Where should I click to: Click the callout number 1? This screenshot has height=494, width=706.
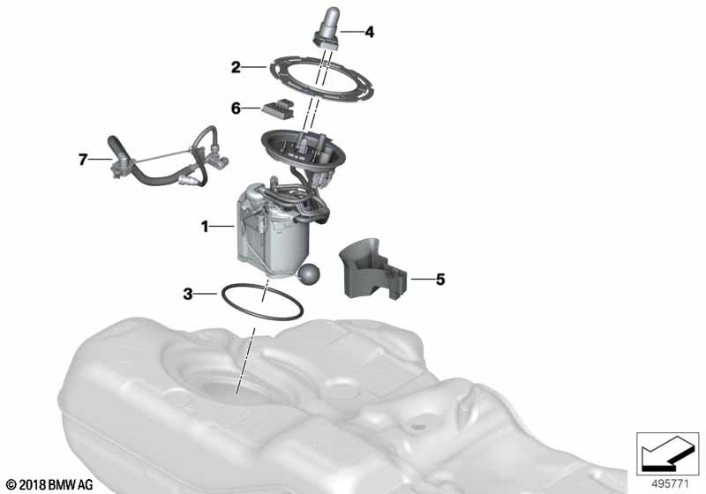(x=205, y=227)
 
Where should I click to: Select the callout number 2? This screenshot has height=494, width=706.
(x=236, y=68)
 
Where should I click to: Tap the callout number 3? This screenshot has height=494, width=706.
(x=188, y=295)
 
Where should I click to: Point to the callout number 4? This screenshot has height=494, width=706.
(x=370, y=32)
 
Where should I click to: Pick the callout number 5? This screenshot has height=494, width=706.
(x=439, y=280)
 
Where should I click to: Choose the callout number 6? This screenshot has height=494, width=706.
(x=236, y=109)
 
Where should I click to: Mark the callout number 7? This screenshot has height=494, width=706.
(x=82, y=160)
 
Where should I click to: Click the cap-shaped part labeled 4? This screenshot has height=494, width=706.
(x=328, y=27)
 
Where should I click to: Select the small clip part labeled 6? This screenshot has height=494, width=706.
(x=279, y=108)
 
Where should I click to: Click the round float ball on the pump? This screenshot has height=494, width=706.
(x=308, y=274)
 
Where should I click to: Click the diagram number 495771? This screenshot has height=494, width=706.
(x=670, y=484)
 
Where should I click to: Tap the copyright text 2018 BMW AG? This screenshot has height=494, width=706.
(x=49, y=484)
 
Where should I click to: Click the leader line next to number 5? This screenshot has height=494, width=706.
(x=421, y=280)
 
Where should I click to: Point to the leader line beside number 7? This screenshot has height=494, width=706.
(x=100, y=159)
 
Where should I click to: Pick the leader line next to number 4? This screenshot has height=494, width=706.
(x=350, y=32)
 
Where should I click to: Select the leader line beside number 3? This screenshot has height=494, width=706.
(x=207, y=294)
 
